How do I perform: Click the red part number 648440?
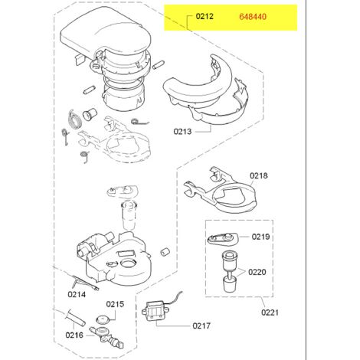[253, 17]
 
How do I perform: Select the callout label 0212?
[205, 16]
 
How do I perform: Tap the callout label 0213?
[182, 132]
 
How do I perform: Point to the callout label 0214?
[77, 294]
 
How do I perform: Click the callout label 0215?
[115, 304]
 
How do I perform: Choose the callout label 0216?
[74, 335]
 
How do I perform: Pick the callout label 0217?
[201, 326]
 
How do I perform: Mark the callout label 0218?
[259, 175]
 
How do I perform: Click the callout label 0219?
[260, 237]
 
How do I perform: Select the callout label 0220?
[257, 272]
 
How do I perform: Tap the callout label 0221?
[270, 313]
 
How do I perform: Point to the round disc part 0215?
[103, 319]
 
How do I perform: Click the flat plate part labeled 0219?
[222, 238]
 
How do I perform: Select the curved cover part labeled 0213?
[205, 94]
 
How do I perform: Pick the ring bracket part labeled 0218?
[220, 190]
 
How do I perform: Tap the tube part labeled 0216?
[75, 317]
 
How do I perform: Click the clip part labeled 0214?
[84, 283]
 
